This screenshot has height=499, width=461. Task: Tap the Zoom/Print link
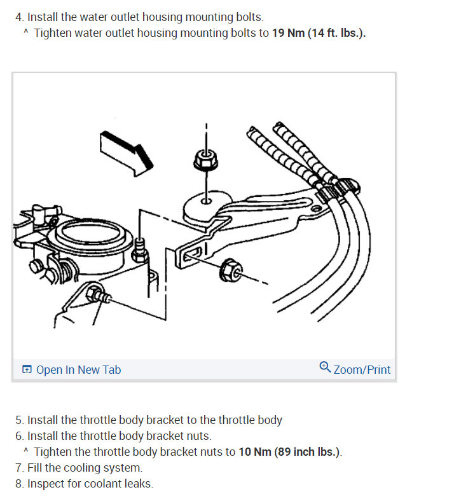[362, 370]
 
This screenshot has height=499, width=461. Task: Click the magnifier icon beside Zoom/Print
[325, 367]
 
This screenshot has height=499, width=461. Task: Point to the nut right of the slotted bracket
[230, 270]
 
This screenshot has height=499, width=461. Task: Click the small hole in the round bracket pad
[206, 201]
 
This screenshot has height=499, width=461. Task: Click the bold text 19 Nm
[288, 33]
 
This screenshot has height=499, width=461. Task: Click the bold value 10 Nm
[255, 452]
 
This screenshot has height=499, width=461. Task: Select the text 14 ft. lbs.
[337, 33]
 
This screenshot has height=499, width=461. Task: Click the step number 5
[19, 420]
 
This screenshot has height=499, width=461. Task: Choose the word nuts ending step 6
[198, 436]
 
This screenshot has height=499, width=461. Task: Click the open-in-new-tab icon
[27, 369]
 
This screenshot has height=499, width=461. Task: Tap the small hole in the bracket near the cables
[315, 208]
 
